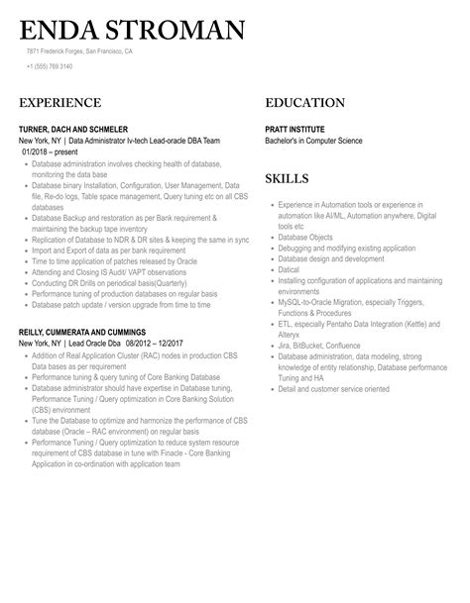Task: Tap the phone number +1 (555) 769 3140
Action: click(50, 66)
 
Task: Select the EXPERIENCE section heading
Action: click(59, 103)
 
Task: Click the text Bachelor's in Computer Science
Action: click(318, 142)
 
